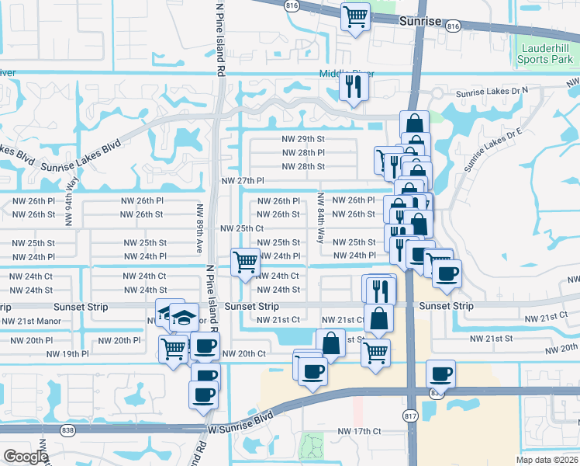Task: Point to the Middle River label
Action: click(x=336, y=74)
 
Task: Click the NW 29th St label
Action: click(x=302, y=138)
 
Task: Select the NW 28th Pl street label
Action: click(x=302, y=152)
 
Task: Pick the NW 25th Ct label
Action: click(x=243, y=228)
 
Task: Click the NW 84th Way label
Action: click(x=320, y=220)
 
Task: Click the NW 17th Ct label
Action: click(x=359, y=431)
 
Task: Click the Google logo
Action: click(x=26, y=457)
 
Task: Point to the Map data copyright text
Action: click(x=545, y=460)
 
